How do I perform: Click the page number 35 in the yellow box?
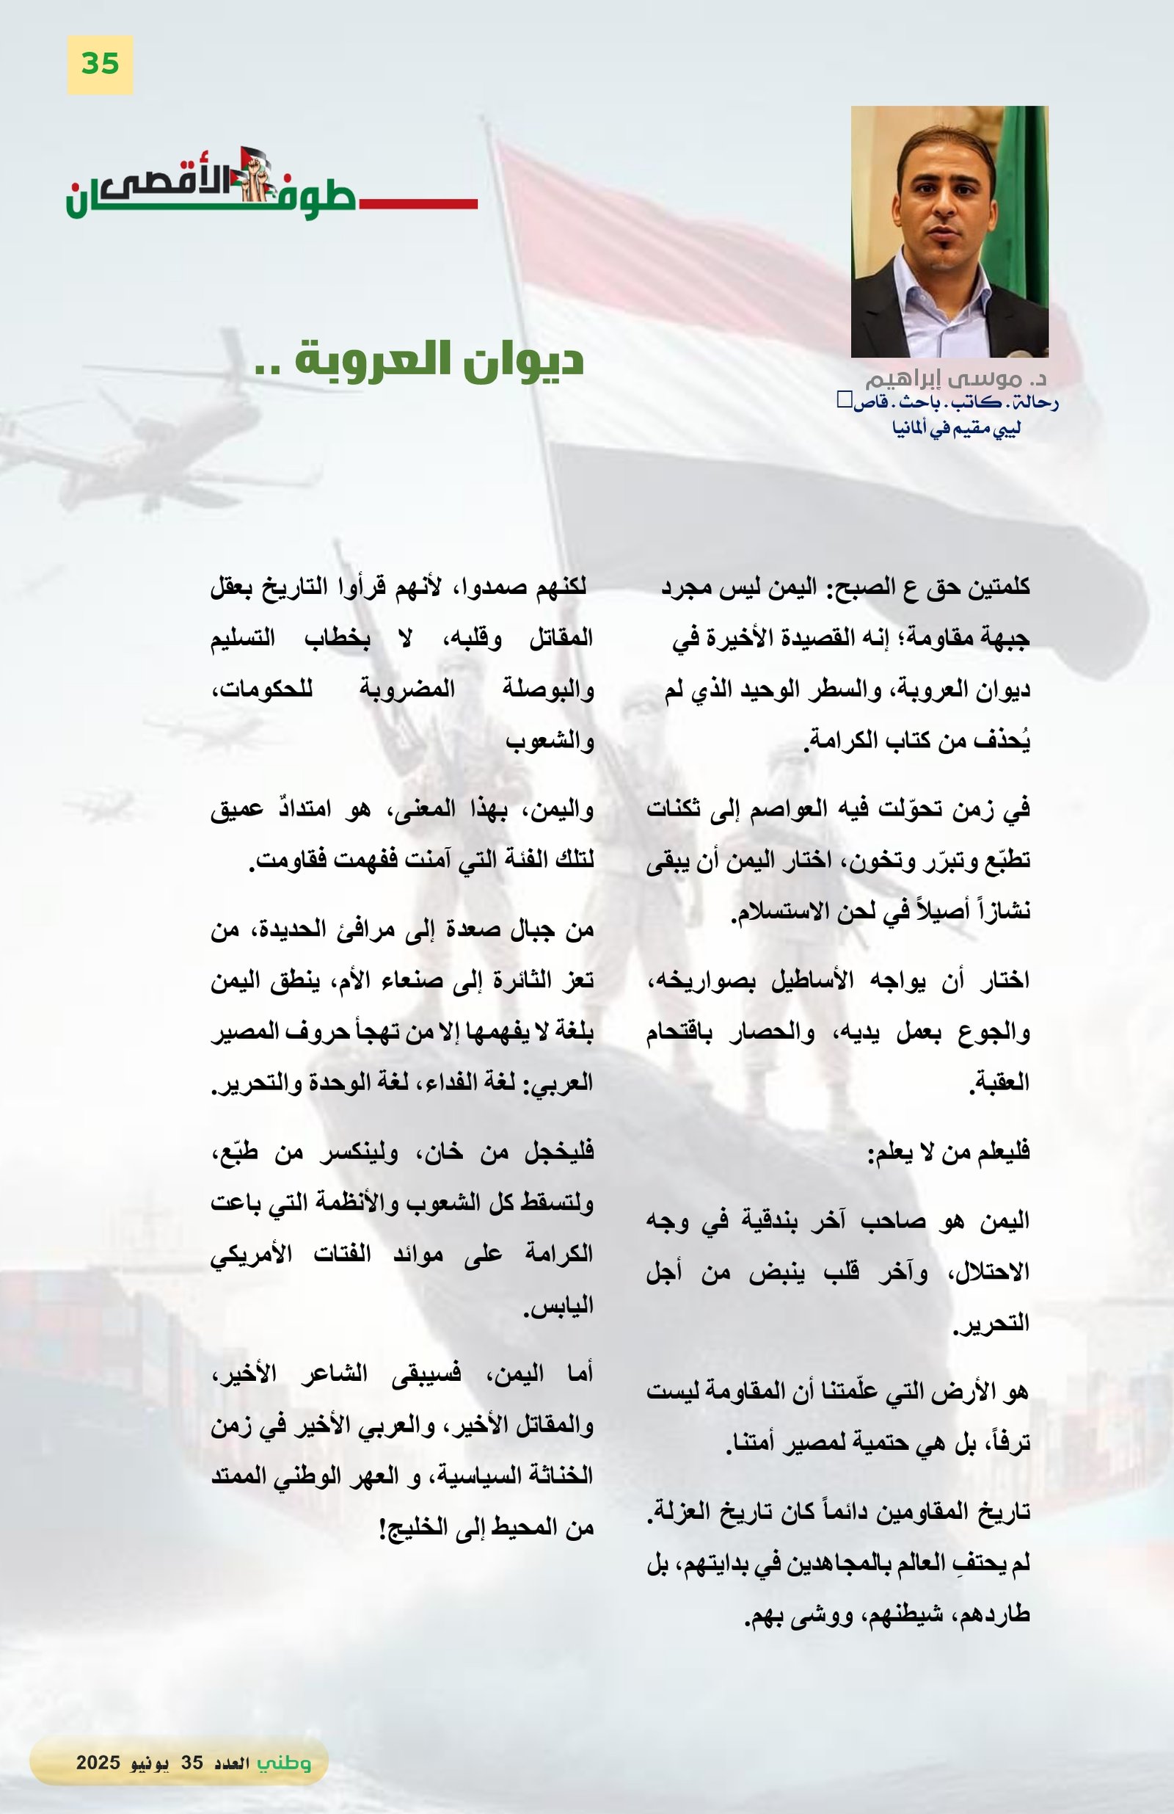[x=100, y=64]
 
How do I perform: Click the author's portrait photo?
[x=949, y=232]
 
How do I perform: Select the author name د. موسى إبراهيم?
[x=955, y=378]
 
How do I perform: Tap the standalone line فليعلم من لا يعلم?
[x=949, y=1153]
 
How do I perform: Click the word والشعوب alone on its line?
[x=550, y=741]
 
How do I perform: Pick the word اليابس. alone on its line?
[x=558, y=1307]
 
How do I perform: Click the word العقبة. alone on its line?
[x=999, y=1082]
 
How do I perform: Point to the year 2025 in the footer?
[x=98, y=1762]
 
